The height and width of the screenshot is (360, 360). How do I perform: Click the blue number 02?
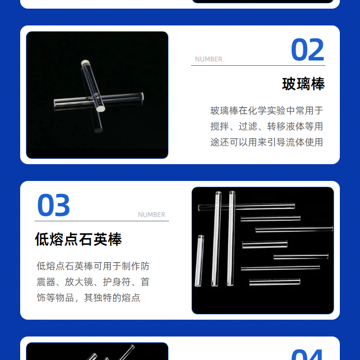[307, 49]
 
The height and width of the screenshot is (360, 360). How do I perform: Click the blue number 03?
[53, 205]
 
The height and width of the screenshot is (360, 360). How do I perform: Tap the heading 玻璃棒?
[303, 84]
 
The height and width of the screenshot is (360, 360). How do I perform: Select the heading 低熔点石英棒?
[78, 239]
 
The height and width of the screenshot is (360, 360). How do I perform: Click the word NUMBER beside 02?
[208, 59]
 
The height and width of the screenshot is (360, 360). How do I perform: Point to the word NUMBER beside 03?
[152, 215]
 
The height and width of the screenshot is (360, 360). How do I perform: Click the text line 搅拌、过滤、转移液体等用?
[266, 127]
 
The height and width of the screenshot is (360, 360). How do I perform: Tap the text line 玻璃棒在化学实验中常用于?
[266, 111]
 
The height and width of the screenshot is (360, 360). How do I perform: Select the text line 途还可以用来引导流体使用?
[266, 143]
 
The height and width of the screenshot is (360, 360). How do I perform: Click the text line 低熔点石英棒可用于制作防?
[93, 266]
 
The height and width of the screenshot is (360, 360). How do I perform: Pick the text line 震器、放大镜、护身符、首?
[93, 282]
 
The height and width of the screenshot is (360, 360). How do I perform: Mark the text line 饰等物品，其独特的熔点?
[88, 298]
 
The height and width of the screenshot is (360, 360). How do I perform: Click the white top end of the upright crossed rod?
[85, 62]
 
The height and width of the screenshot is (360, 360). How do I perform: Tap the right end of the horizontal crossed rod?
[142, 96]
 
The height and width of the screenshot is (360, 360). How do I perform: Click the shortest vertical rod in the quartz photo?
[199, 261]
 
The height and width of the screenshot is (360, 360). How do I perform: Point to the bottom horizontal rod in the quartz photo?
[275, 282]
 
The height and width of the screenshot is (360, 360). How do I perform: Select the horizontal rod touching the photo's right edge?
[294, 229]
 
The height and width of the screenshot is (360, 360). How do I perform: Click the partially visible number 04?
[307, 355]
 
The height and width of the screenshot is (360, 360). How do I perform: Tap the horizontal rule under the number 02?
[258, 65]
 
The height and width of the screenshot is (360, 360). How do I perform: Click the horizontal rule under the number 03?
[102, 221]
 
